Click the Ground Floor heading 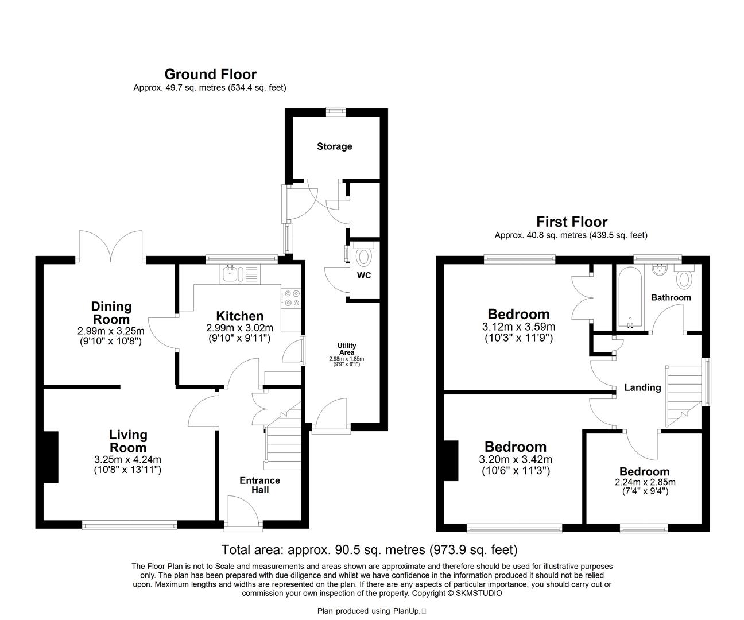point(210,74)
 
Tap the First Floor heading point(571,222)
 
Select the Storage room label point(334,146)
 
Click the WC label point(364,275)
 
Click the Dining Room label point(111,313)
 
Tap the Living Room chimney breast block point(51,457)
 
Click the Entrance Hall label point(259,485)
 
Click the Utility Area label point(346,349)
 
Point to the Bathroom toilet point(684,278)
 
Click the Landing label point(642,387)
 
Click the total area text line point(369,549)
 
